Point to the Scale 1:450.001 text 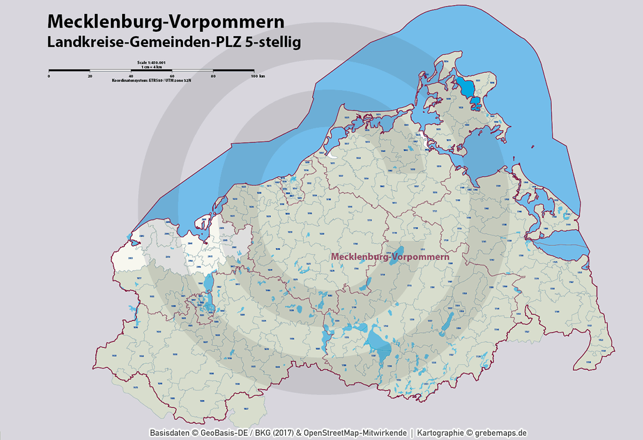[152, 62]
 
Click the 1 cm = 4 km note [152, 66]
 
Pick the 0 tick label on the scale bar [49, 76]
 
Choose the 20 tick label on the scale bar [90, 76]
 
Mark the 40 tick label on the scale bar [131, 76]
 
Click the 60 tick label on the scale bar [172, 76]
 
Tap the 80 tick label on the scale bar [213, 76]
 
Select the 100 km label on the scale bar [258, 76]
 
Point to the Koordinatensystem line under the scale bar [152, 80]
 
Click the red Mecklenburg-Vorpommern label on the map [390, 257]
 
